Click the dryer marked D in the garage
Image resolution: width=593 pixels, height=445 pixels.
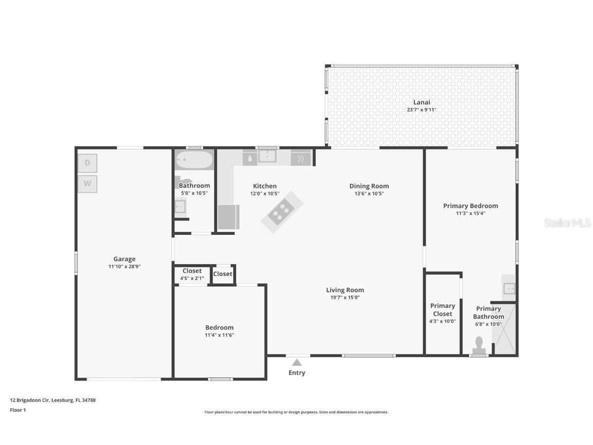[88, 163]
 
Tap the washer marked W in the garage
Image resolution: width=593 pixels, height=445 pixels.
[88, 183]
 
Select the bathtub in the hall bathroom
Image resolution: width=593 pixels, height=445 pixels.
[194, 160]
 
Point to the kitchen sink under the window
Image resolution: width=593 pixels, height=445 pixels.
[267, 156]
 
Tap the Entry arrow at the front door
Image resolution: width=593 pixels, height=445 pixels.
[297, 363]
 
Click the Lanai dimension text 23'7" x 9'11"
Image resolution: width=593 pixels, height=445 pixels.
[422, 110]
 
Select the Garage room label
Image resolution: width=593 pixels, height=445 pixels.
[125, 259]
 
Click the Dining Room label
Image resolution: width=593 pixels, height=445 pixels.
[369, 186]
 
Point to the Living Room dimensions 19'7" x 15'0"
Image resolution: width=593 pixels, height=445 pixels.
[345, 297]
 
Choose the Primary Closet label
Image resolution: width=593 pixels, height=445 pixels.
[442, 310]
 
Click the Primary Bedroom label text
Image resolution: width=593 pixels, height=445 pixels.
[470, 206]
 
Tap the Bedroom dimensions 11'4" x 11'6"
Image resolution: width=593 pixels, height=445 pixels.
[219, 335]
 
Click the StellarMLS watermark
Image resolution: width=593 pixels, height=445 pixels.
[568, 222]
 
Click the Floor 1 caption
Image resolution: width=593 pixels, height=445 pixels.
[18, 410]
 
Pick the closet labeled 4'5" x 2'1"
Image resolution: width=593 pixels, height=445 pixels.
[192, 274]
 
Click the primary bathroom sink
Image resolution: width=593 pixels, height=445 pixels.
[509, 288]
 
